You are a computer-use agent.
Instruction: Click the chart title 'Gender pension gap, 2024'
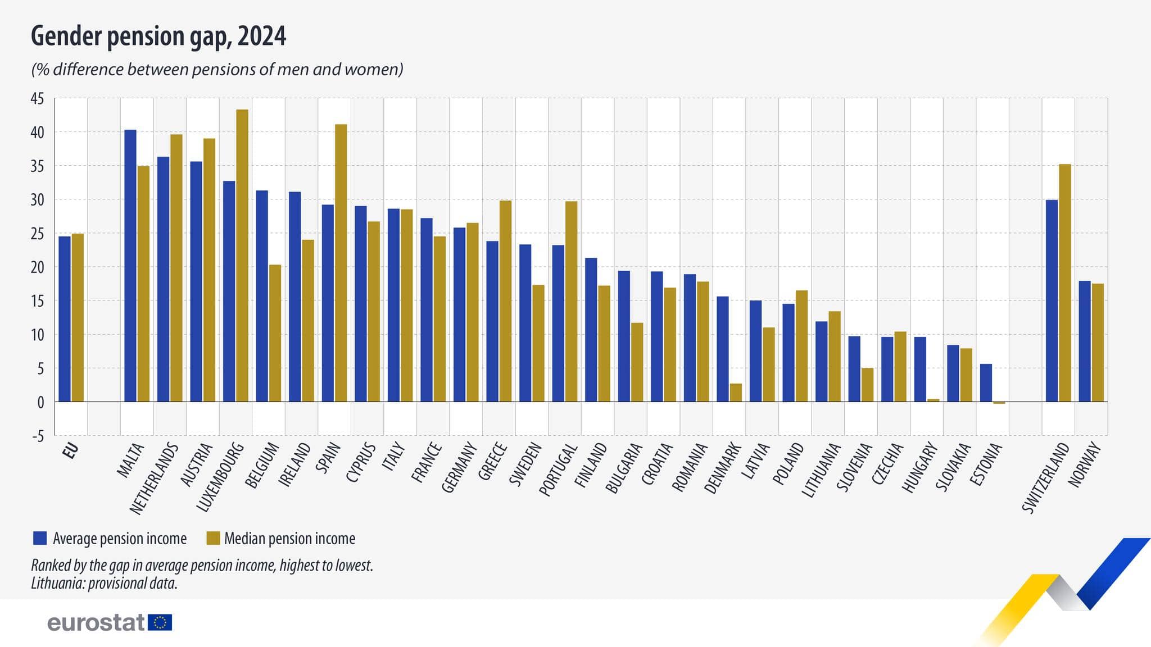[x=158, y=37]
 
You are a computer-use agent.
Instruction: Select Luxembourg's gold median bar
[x=242, y=256]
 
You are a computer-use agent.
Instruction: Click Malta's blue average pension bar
[x=130, y=266]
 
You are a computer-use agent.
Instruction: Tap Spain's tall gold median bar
[x=341, y=263]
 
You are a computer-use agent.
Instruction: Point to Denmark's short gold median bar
[x=736, y=393]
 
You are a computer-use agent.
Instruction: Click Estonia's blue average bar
[x=986, y=382]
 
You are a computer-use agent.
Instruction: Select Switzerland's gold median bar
[x=1064, y=283]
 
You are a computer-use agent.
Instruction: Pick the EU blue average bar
[x=65, y=318]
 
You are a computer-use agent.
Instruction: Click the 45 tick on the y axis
[x=37, y=99]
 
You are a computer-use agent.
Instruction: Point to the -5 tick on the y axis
[x=37, y=436]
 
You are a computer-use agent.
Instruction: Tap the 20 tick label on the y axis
[x=37, y=268]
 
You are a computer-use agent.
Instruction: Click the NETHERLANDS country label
[x=155, y=479]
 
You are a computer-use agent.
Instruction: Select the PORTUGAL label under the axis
[x=559, y=470]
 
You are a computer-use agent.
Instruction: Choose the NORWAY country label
[x=1085, y=464]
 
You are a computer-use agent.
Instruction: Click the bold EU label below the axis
[x=71, y=451]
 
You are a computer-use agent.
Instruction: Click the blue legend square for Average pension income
[x=40, y=538]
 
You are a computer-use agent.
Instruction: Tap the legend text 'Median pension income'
[x=289, y=539]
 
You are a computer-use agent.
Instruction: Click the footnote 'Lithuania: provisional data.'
[x=104, y=583]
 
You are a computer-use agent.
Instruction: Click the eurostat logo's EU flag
[x=160, y=622]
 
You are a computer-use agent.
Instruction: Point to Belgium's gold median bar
[x=275, y=333]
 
